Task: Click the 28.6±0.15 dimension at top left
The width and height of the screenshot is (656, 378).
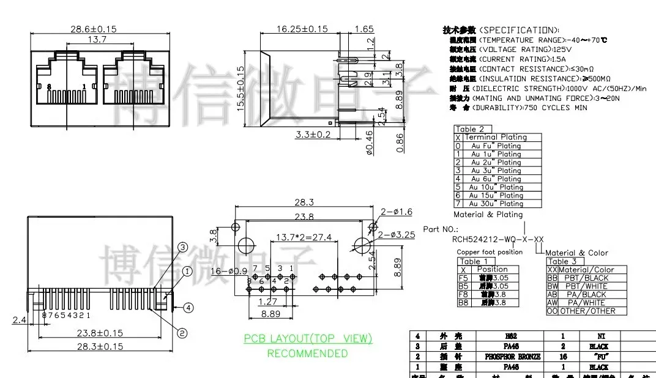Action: [x=94, y=29]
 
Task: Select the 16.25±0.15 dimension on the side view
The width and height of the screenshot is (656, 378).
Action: [x=302, y=29]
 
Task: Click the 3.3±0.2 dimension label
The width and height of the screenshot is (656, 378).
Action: [x=313, y=134]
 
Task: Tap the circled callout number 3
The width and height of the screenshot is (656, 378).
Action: [x=182, y=247]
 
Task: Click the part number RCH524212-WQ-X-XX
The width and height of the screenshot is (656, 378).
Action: [x=498, y=239]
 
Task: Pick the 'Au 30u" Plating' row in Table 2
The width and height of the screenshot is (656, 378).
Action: [x=496, y=204]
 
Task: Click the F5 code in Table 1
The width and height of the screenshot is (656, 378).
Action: [x=463, y=278]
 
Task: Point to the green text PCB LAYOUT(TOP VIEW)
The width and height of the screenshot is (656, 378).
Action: [x=308, y=339]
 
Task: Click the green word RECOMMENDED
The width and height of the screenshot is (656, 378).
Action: [x=307, y=353]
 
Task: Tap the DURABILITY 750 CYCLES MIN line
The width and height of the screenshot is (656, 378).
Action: [x=518, y=108]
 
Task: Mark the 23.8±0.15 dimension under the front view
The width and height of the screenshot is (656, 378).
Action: [x=100, y=333]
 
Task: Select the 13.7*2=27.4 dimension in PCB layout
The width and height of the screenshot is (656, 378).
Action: [x=304, y=237]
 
